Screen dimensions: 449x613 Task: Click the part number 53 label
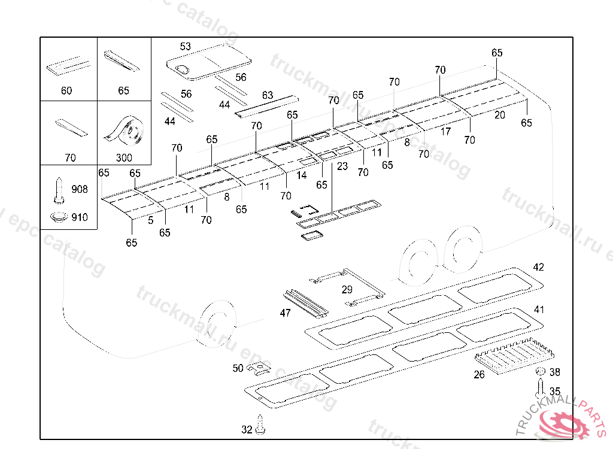point(186,46)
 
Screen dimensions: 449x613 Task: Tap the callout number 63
point(268,95)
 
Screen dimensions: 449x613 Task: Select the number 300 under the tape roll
point(125,158)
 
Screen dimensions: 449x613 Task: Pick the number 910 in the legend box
point(80,217)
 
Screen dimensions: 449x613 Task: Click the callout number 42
point(539,267)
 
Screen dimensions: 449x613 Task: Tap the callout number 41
point(539,310)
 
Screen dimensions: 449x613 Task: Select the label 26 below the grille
point(479,375)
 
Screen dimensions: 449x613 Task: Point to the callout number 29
point(347,290)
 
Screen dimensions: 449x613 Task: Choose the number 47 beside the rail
point(285,313)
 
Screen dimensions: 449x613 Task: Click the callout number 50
point(238,368)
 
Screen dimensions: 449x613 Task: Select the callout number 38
point(554,372)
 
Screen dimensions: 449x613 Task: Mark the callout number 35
point(555,392)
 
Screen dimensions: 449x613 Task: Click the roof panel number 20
point(500,115)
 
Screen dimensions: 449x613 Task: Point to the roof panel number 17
point(445,132)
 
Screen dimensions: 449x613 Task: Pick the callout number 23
point(342,166)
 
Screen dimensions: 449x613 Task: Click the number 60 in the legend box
point(66,91)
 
